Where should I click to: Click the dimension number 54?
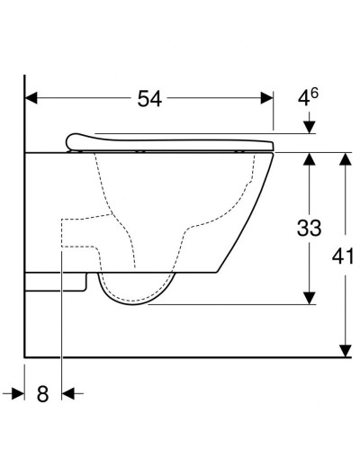(149, 99)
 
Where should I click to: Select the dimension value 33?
(309, 229)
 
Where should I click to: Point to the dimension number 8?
(42, 393)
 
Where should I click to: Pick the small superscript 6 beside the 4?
(316, 92)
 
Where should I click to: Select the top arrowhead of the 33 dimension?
(309, 159)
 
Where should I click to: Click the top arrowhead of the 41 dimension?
(343, 159)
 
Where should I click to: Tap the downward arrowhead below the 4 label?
(309, 128)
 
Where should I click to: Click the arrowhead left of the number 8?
(16, 393)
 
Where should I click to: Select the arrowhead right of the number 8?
(68, 393)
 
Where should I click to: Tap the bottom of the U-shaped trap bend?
(135, 301)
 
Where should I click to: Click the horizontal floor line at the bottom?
(180, 356)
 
